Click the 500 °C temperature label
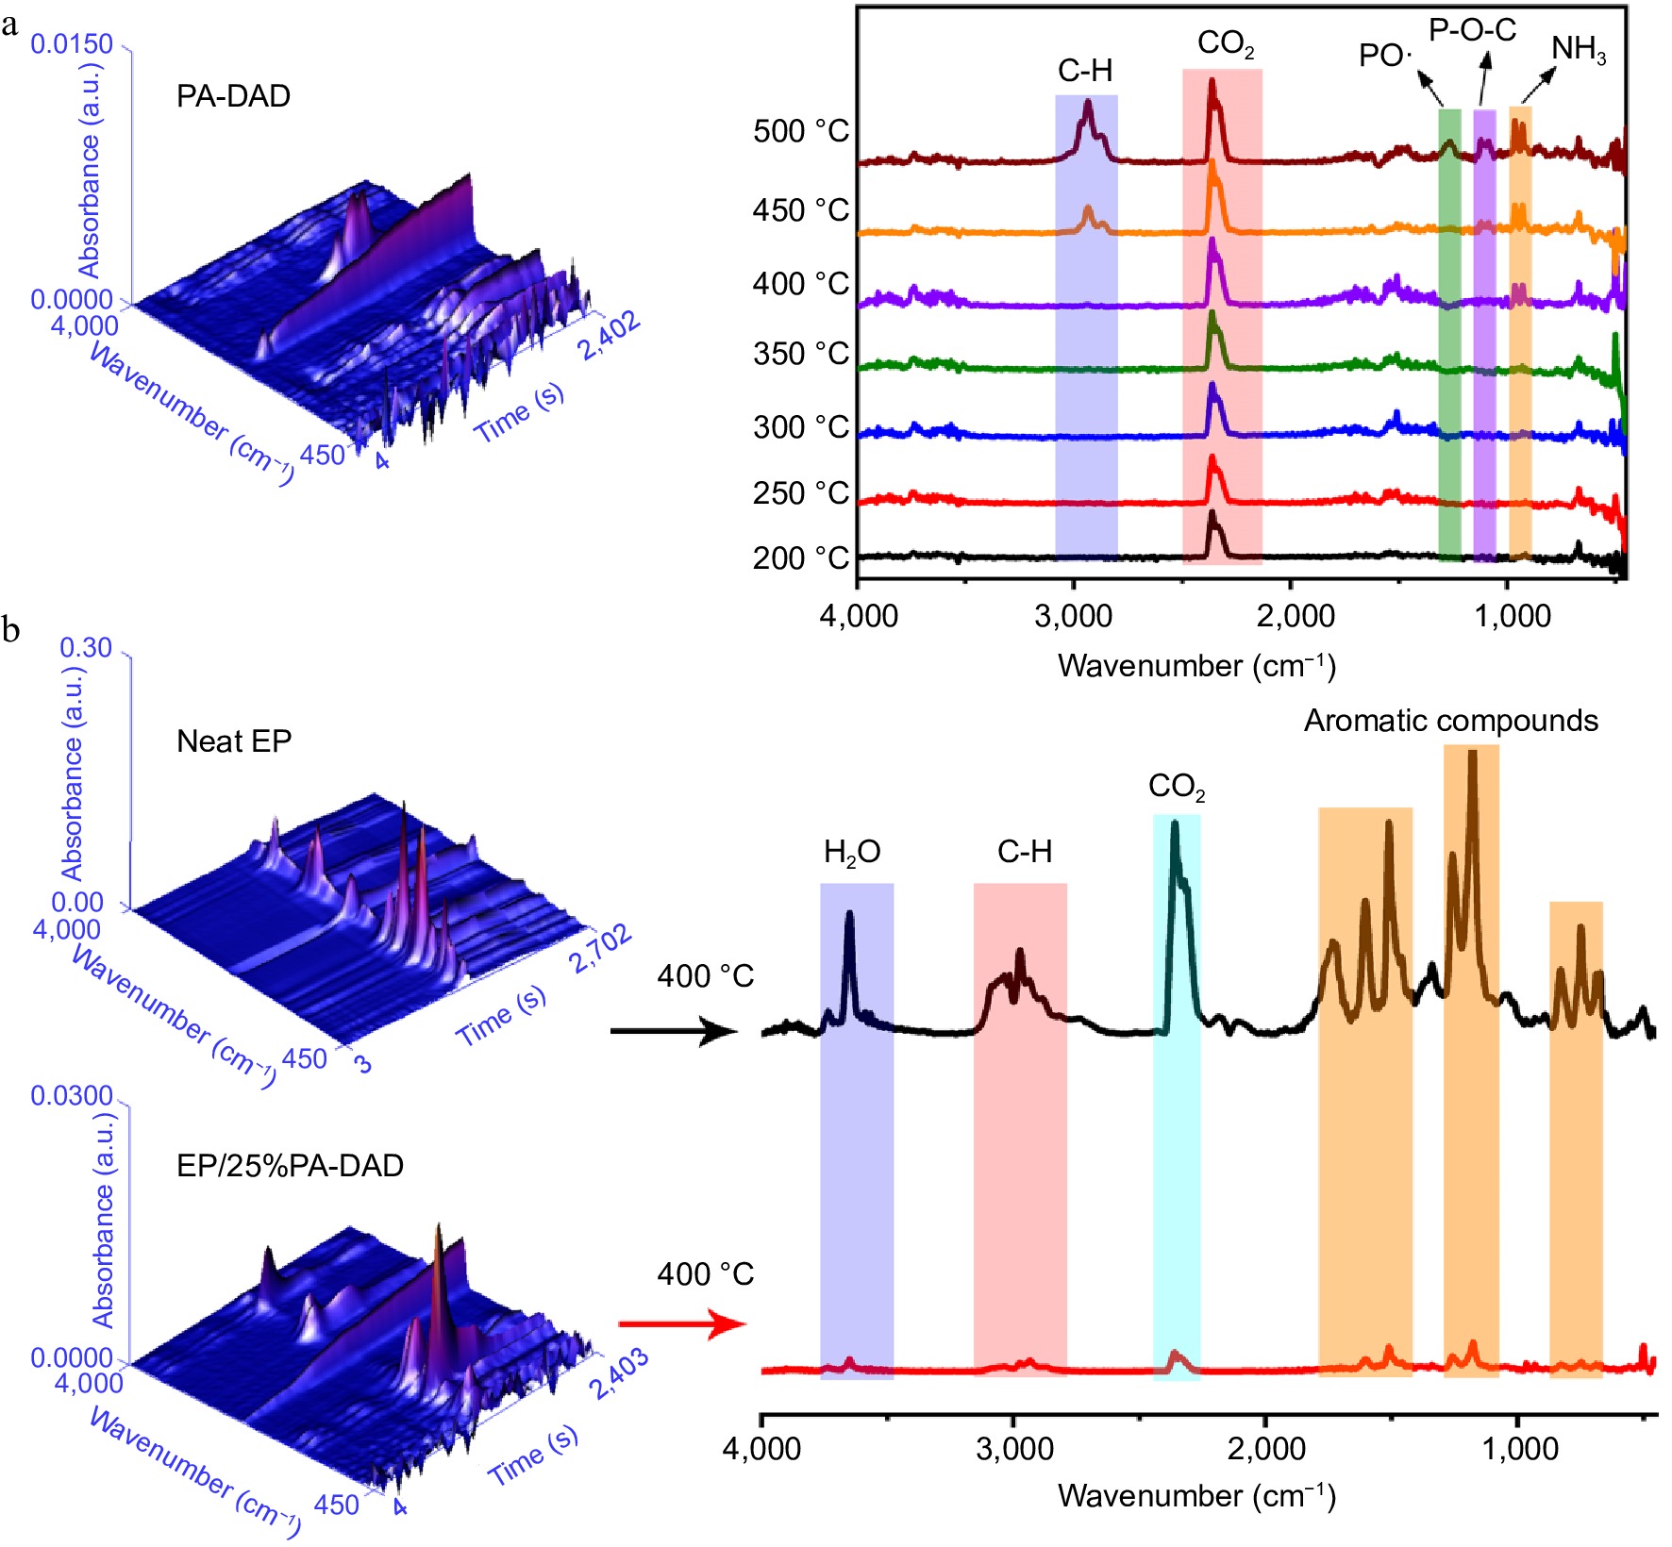click(x=800, y=131)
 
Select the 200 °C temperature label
click(x=800, y=558)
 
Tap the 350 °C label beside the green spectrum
click(x=800, y=355)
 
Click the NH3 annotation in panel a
click(x=1578, y=49)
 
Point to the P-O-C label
click(x=1472, y=30)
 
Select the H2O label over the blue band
click(x=852, y=853)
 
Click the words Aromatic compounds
click(x=1450, y=721)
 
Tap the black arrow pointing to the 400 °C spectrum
click(x=673, y=1031)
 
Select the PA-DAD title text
click(x=233, y=96)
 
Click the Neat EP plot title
click(x=234, y=741)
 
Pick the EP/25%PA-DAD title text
click(x=290, y=1166)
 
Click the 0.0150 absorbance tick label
click(x=72, y=44)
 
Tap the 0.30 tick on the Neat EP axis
click(x=86, y=648)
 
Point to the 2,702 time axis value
click(x=599, y=948)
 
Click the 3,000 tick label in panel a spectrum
click(x=1073, y=616)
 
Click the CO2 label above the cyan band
click(x=1176, y=787)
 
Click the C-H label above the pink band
click(x=1024, y=852)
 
